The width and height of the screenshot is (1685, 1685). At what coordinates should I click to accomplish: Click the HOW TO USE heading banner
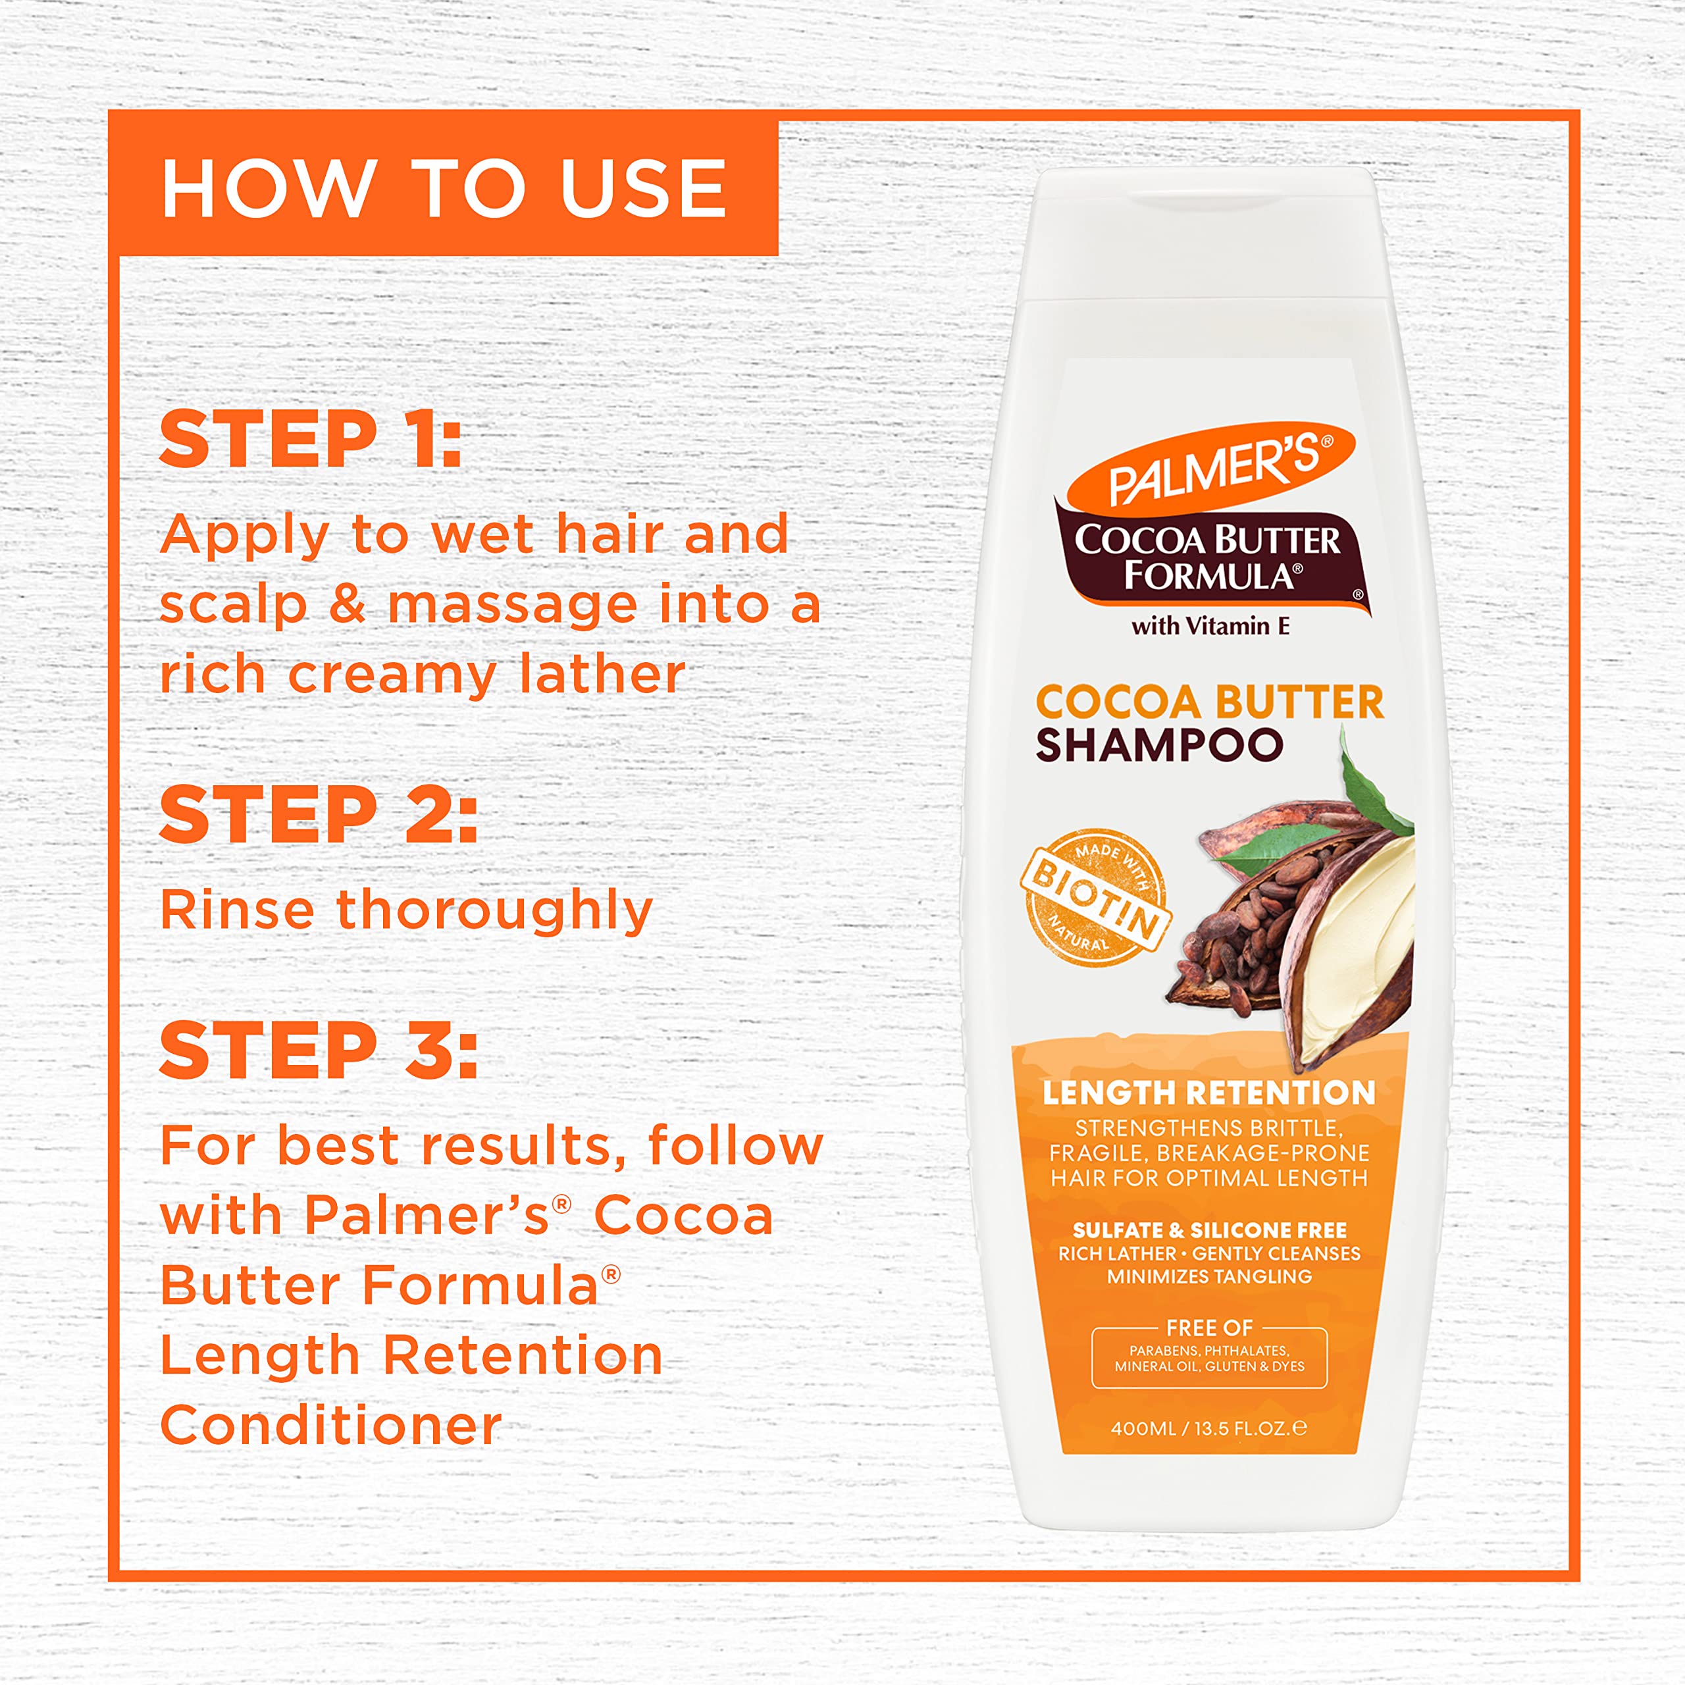[x=443, y=188]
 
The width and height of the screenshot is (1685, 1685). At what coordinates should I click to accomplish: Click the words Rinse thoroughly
[x=406, y=910]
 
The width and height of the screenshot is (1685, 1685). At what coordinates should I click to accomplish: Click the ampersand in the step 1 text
[x=347, y=604]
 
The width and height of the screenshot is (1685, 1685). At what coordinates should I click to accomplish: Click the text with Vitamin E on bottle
[x=1210, y=626]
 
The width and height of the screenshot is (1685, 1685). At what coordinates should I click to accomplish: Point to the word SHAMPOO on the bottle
[x=1159, y=746]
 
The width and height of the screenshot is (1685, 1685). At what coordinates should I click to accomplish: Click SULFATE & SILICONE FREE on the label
[x=1209, y=1230]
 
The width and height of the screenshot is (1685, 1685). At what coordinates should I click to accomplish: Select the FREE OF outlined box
[x=1209, y=1357]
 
